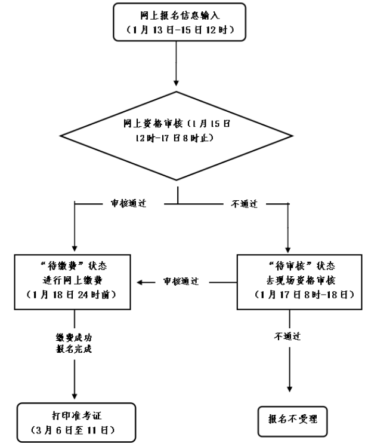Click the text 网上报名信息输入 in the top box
pos(177,13)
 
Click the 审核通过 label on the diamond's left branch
pos(128,203)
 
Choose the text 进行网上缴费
pos(74,280)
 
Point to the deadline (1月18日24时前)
pos(74,295)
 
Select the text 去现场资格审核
pos(289,280)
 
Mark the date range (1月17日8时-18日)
pos(289,295)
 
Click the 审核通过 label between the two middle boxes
pos(181,280)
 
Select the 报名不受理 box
pos(292,421)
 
